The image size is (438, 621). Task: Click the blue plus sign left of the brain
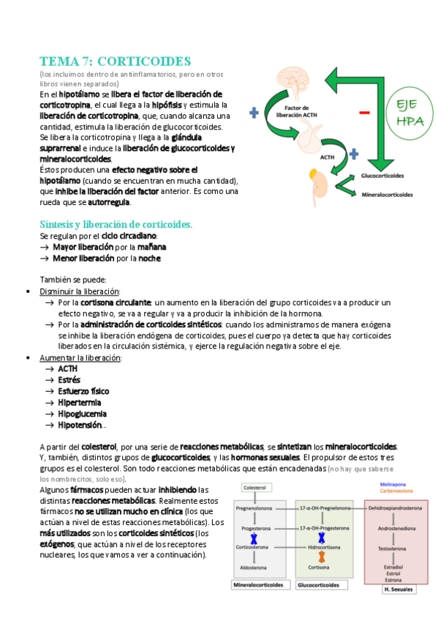pos(254,113)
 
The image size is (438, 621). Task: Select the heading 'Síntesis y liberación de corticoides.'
pos(116,224)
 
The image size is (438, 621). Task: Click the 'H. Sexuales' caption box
pos(398,588)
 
